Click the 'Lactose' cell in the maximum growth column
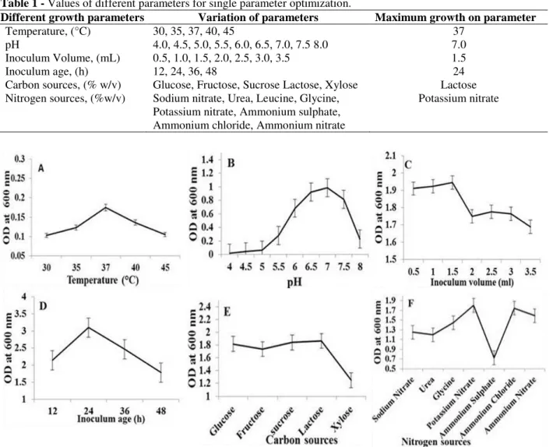coord(458,85)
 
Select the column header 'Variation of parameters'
coord(258,18)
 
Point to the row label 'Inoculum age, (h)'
coord(47,72)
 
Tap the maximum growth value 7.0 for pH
coord(459,44)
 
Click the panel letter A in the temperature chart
coord(41,169)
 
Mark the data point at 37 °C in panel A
coord(105,207)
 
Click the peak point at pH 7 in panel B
coord(327,188)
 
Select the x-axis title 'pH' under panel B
coord(294,283)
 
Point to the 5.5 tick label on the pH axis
coord(278,266)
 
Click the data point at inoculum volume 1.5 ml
coord(453,182)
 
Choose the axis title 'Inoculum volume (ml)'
coord(472,283)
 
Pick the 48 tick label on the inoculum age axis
coord(160,410)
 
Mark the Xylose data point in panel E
coord(351,380)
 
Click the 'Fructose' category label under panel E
coord(250,422)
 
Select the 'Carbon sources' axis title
coord(301,440)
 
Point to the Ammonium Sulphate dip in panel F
coord(494,358)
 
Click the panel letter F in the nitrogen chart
coord(410,303)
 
